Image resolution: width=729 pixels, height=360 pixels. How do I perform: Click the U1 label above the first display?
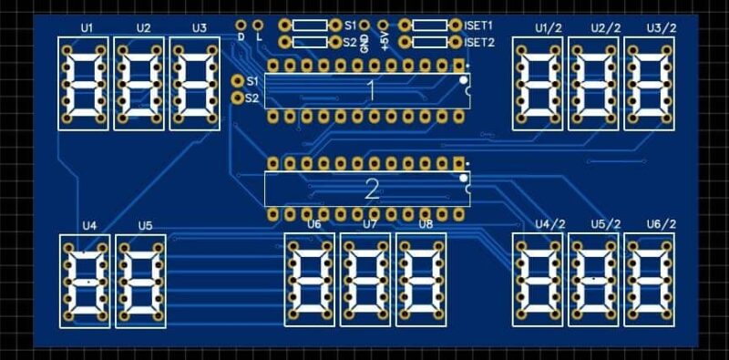pyautogui.click(x=87, y=28)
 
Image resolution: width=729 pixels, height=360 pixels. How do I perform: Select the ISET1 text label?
pyautogui.click(x=478, y=26)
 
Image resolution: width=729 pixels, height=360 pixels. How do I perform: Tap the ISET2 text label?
pyautogui.click(x=479, y=42)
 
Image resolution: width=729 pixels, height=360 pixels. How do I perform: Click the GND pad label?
pyautogui.click(x=365, y=43)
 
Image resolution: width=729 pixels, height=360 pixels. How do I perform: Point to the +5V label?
pyautogui.click(x=384, y=43)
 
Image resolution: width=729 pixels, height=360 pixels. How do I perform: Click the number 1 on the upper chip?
pyautogui.click(x=371, y=91)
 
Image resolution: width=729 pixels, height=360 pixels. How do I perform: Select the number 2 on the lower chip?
pyautogui.click(x=372, y=190)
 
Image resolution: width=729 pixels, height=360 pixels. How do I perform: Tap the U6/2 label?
pyautogui.click(x=662, y=224)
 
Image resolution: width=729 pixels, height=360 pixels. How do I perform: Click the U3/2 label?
pyautogui.click(x=662, y=28)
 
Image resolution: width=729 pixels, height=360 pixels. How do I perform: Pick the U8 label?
pyautogui.click(x=426, y=224)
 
